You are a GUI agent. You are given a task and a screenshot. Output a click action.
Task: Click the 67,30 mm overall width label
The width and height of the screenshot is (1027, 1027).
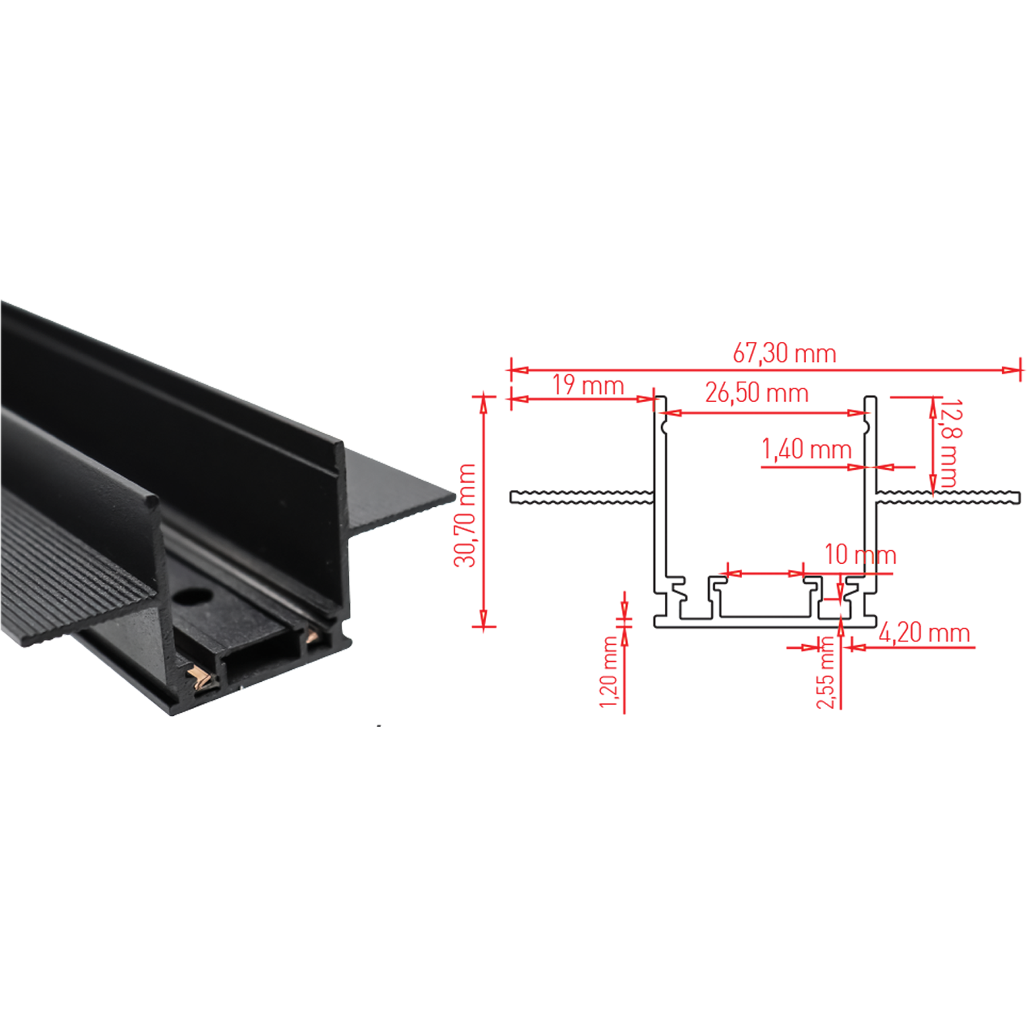coord(784,354)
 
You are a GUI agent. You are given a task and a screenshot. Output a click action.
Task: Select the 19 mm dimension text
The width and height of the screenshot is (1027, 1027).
coord(588,386)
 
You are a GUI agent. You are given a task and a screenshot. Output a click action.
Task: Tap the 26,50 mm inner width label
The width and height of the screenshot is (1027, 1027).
coord(757,393)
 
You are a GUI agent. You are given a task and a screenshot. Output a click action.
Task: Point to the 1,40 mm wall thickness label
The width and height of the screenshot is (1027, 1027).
coord(806,450)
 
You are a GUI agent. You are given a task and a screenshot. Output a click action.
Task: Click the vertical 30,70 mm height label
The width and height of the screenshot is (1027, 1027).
coord(464,515)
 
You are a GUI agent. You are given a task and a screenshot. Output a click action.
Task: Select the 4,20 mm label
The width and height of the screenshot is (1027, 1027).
coord(924,633)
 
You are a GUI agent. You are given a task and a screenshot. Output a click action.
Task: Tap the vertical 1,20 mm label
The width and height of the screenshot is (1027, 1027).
coord(609,672)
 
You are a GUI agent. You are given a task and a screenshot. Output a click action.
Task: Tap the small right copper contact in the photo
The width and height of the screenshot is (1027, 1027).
coord(312,637)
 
